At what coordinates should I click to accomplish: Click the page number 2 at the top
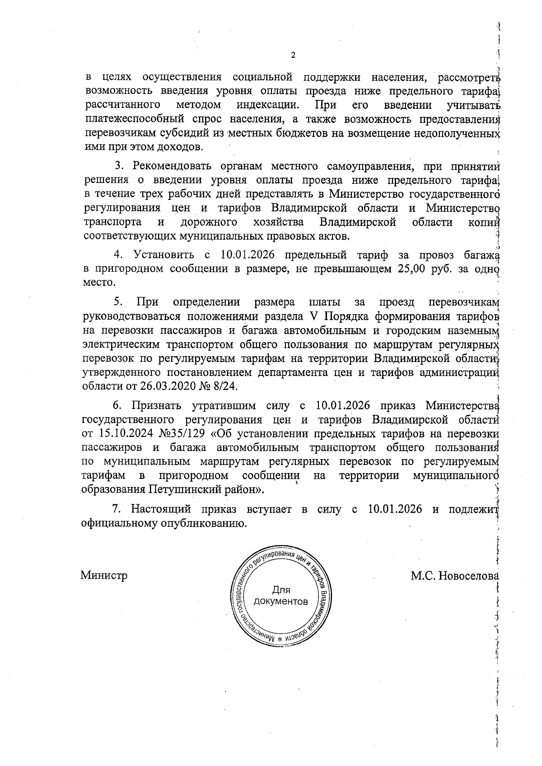click(293, 56)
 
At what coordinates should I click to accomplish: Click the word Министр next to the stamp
click(104, 576)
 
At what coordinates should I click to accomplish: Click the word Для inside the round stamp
click(281, 590)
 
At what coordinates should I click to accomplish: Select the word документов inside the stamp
click(281, 602)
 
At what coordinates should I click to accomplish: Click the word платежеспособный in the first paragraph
click(123, 120)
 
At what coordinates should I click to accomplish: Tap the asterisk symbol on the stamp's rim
click(280, 640)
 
